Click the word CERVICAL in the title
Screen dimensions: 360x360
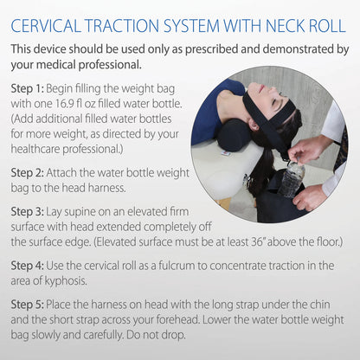click(x=51, y=20)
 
